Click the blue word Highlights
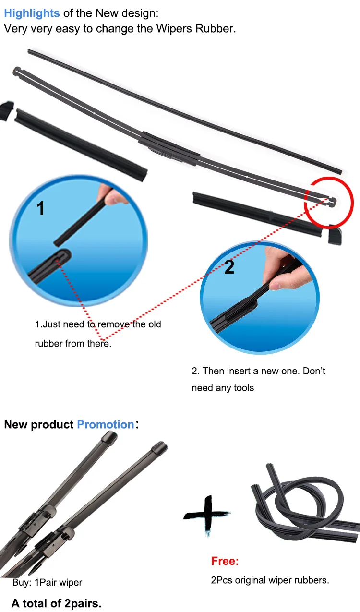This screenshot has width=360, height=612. pyautogui.click(x=32, y=13)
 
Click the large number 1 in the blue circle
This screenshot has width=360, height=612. pyautogui.click(x=40, y=208)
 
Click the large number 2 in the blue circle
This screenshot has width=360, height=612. pyautogui.click(x=229, y=267)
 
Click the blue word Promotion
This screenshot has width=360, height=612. pyautogui.click(x=106, y=425)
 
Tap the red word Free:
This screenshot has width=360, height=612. pyautogui.click(x=225, y=561)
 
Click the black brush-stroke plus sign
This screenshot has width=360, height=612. pyautogui.click(x=207, y=515)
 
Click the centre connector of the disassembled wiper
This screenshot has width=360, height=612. pyautogui.click(x=169, y=149)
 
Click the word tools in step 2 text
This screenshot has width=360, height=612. pyautogui.click(x=244, y=388)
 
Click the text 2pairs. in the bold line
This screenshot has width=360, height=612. pyautogui.click(x=83, y=603)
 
